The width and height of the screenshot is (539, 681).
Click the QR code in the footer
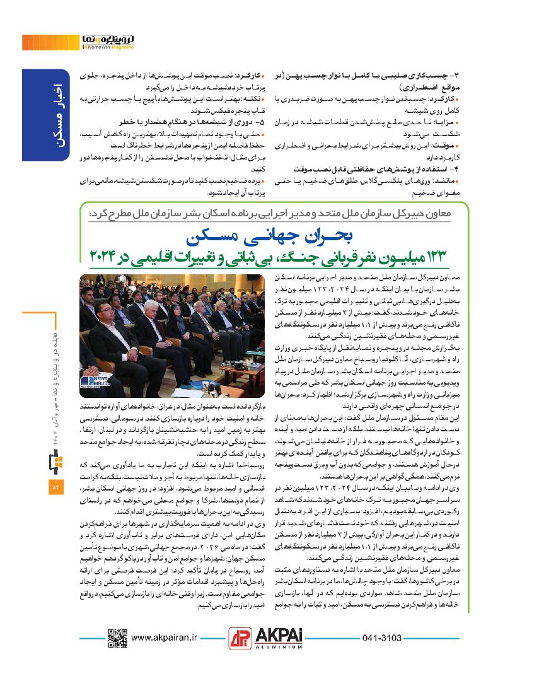(117, 639)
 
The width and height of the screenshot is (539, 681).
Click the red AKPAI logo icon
(238, 639)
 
